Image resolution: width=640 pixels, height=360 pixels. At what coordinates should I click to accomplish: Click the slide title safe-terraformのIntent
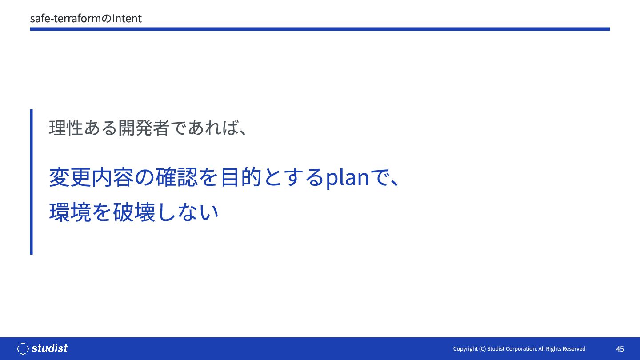pyautogui.click(x=86, y=19)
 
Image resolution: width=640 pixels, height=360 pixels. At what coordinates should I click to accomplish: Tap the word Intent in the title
pyautogui.click(x=127, y=19)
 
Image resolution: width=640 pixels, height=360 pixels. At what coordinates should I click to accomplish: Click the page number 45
pyautogui.click(x=620, y=349)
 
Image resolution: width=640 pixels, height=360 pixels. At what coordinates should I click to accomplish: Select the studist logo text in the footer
pyautogui.click(x=49, y=348)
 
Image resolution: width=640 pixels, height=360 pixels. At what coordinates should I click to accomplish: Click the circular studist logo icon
pyautogui.click(x=23, y=348)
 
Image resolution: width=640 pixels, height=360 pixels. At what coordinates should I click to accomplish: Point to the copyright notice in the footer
pyautogui.click(x=519, y=349)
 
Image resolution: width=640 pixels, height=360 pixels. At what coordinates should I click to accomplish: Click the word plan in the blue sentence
pyautogui.click(x=348, y=177)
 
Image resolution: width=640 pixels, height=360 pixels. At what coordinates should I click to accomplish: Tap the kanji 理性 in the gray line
pyautogui.click(x=66, y=128)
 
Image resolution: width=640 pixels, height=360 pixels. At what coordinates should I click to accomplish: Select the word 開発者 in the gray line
pyautogui.click(x=144, y=128)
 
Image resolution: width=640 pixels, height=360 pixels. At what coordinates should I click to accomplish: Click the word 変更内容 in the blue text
pyautogui.click(x=91, y=177)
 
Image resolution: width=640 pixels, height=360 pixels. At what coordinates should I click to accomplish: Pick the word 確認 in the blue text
pyautogui.click(x=176, y=177)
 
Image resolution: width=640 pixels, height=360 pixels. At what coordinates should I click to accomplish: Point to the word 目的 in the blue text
pyautogui.click(x=241, y=177)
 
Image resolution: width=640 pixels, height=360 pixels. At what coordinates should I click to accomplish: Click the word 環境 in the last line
pyautogui.click(x=70, y=212)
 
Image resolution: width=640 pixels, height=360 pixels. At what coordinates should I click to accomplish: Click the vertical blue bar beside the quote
pyautogui.click(x=32, y=182)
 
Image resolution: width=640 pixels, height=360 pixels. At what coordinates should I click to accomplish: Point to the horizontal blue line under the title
pyautogui.click(x=320, y=29)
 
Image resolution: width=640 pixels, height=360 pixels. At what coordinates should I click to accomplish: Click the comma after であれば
pyautogui.click(x=243, y=132)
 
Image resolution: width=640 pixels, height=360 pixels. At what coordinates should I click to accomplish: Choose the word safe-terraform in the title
pyautogui.click(x=66, y=19)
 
